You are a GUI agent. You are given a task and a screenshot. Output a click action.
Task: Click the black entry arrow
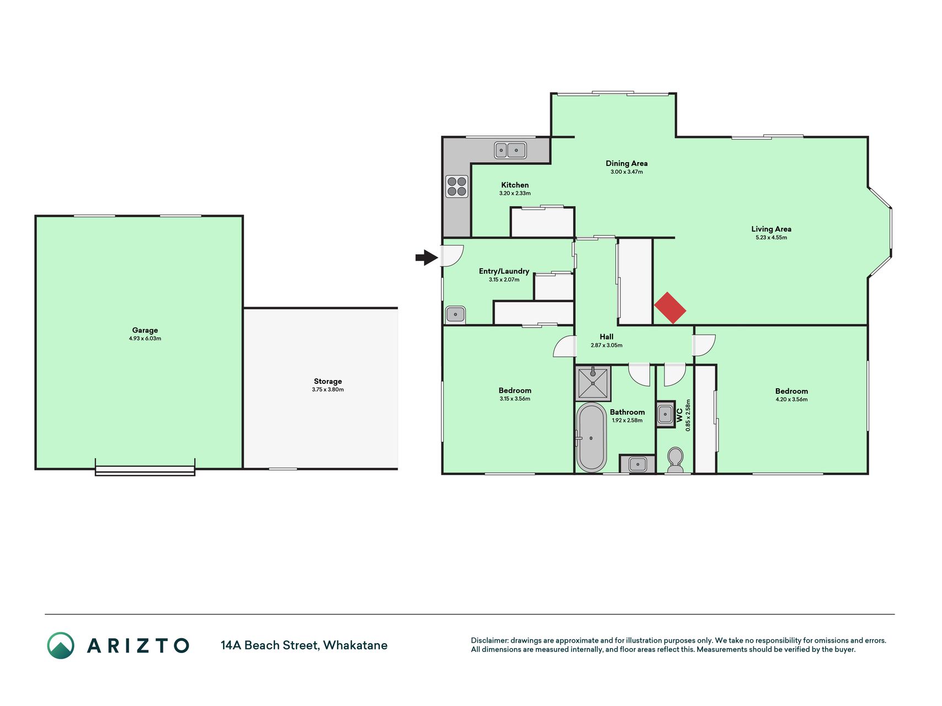[x=427, y=257]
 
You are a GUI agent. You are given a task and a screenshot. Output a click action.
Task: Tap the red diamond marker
[x=670, y=308]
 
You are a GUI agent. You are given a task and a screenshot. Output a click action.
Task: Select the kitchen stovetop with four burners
[x=457, y=186]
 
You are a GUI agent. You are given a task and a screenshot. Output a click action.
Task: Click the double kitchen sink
[x=510, y=149]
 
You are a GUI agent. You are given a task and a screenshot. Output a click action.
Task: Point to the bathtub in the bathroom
[x=591, y=437]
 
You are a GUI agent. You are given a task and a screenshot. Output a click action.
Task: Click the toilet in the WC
[x=675, y=461]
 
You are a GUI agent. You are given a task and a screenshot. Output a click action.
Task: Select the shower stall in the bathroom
[x=593, y=383]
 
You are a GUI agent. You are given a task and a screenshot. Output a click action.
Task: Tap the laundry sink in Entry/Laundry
[x=455, y=315]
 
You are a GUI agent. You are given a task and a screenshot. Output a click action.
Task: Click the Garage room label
[x=145, y=330]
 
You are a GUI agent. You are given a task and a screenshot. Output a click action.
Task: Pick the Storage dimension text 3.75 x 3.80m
[x=328, y=389]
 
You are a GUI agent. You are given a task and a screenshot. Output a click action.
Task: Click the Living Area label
[x=771, y=229]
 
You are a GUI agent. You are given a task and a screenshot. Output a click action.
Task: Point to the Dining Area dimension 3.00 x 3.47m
[x=626, y=172]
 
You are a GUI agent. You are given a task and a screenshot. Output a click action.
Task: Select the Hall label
[x=606, y=336]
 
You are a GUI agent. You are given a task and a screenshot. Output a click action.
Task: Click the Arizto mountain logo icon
[x=61, y=645]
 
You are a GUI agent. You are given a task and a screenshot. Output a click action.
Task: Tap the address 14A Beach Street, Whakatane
[x=304, y=645]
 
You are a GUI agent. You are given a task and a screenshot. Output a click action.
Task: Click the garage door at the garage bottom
[x=145, y=470]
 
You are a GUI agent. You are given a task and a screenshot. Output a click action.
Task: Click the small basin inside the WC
[x=666, y=414]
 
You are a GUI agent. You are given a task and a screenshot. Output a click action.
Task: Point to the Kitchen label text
[x=515, y=185]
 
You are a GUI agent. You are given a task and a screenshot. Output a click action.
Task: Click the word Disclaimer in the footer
[x=489, y=640]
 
